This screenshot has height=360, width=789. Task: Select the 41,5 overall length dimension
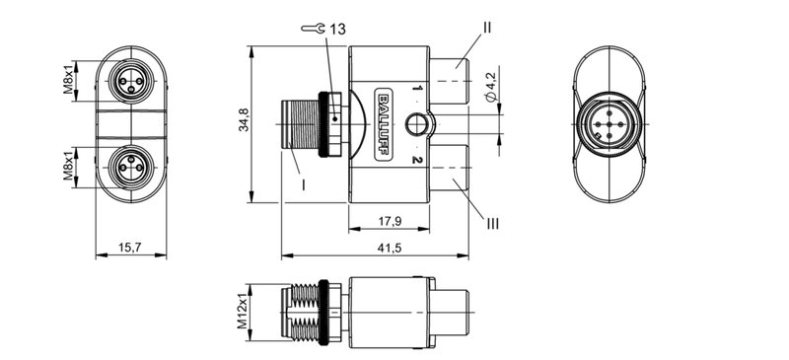pyautogui.click(x=388, y=249)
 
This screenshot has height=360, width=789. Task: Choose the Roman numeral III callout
pyautogui.click(x=492, y=223)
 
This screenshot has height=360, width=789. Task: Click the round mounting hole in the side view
pyautogui.click(x=420, y=123)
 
